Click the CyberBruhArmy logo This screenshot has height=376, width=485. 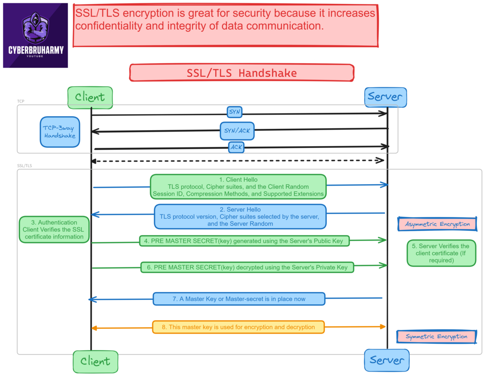click(x=36, y=35)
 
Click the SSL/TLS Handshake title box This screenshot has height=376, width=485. click(x=242, y=73)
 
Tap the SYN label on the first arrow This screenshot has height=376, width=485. click(x=235, y=112)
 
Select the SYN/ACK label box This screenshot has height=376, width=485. click(x=237, y=130)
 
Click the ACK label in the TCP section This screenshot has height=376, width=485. click(x=236, y=147)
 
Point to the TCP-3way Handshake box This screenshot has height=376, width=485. click(x=60, y=132)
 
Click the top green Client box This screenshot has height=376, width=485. click(x=90, y=97)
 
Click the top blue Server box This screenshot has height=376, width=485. click(x=385, y=97)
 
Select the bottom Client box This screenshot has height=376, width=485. click(x=95, y=361)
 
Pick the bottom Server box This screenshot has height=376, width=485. click(x=387, y=360)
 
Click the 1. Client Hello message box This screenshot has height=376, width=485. click(x=238, y=187)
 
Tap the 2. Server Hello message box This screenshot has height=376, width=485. click(x=240, y=216)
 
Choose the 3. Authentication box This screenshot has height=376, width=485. click(x=54, y=229)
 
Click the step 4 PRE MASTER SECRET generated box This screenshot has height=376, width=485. click(x=244, y=241)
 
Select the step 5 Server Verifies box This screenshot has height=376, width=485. click(x=441, y=253)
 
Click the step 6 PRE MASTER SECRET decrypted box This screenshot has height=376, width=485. click(x=247, y=267)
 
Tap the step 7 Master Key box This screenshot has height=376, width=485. click(x=239, y=299)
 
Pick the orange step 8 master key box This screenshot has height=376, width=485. click(x=238, y=327)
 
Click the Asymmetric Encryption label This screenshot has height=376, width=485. click(x=437, y=224)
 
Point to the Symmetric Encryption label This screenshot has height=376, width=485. click(x=436, y=336)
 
